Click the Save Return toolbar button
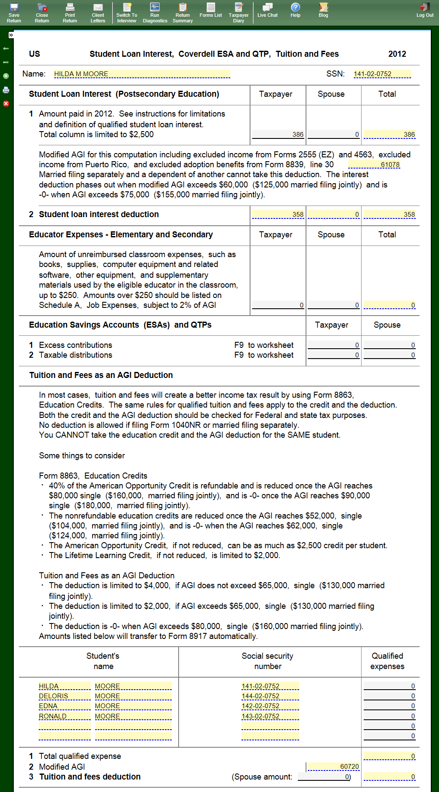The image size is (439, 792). tap(14, 12)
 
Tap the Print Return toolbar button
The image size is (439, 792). tap(70, 12)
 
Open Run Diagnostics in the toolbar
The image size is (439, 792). tap(155, 12)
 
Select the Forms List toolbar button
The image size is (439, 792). tap(210, 10)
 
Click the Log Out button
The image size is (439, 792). tap(425, 10)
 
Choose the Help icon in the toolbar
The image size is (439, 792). tap(295, 10)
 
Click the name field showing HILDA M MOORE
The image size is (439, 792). tap(142, 74)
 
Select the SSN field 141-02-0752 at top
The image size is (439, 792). tap(382, 74)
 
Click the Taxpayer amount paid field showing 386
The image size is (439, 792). tap(278, 135)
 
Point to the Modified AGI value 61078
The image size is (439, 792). tap(374, 165)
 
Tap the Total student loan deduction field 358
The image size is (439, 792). tap(390, 215)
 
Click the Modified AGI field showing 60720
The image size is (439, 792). tap(333, 767)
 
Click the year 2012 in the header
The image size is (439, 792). tap(397, 54)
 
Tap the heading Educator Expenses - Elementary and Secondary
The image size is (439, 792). tap(121, 235)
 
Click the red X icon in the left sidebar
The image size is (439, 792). tap(6, 104)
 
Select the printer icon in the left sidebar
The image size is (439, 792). tap(6, 90)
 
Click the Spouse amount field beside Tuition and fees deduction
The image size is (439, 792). tap(324, 777)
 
